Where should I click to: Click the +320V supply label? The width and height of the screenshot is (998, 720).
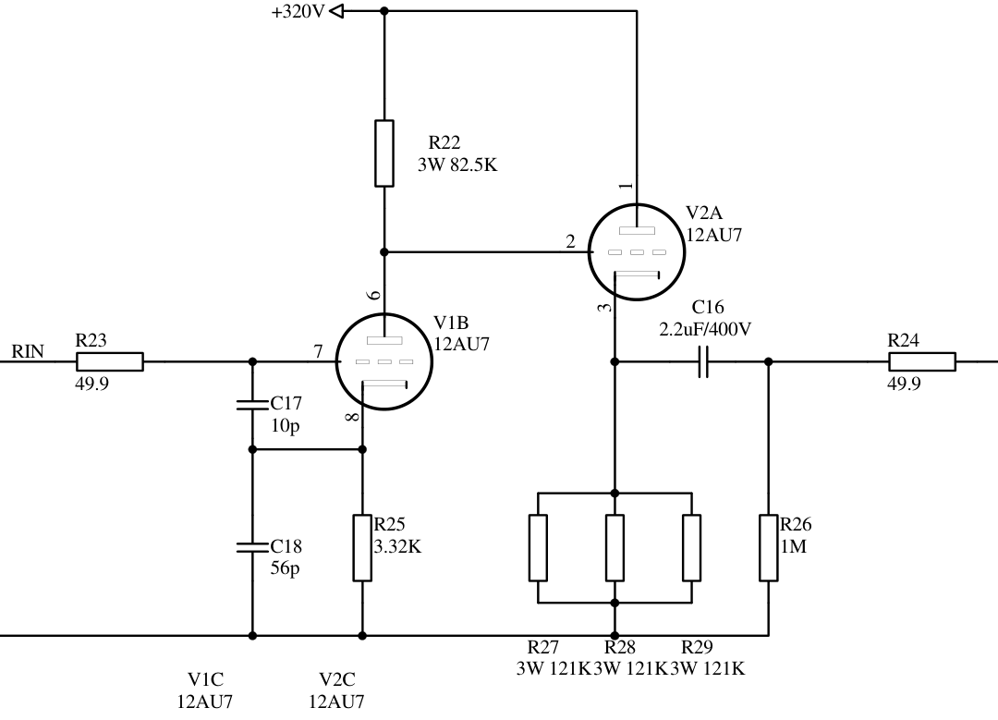click(x=298, y=12)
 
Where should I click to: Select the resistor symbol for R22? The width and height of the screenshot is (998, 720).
click(x=384, y=153)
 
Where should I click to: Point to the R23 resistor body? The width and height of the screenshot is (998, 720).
click(x=109, y=361)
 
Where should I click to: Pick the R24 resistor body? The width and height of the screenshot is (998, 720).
click(x=921, y=361)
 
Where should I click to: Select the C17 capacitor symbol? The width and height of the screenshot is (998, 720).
click(x=252, y=405)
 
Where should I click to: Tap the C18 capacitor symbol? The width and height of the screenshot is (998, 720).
click(x=252, y=545)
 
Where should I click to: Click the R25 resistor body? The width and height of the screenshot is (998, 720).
click(x=362, y=548)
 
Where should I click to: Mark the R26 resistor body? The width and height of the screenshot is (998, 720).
click(x=769, y=548)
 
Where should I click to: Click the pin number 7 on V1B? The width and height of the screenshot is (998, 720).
click(x=319, y=352)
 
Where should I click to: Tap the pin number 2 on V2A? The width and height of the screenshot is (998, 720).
click(x=570, y=242)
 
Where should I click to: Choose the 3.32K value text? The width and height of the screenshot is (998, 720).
click(x=397, y=546)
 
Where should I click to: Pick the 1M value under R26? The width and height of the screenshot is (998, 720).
click(x=794, y=546)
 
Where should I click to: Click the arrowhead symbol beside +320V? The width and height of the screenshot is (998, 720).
click(x=336, y=11)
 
